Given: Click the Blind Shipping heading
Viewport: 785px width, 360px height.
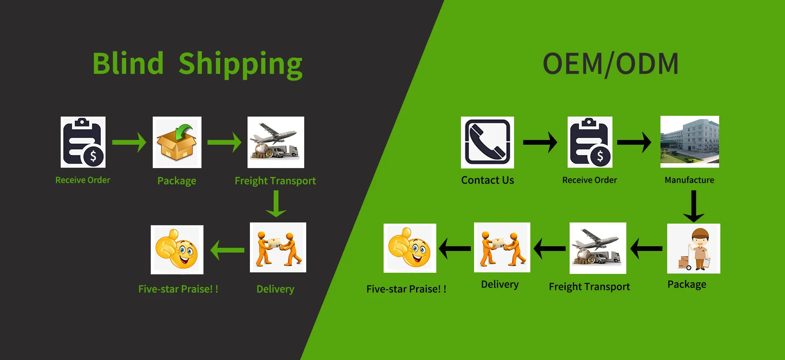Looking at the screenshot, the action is point(197,64).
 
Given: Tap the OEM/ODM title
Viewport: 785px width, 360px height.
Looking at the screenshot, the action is point(610,64).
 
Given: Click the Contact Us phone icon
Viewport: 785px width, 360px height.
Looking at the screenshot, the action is point(487,142).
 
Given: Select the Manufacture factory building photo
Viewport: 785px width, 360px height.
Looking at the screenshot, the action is point(689,142).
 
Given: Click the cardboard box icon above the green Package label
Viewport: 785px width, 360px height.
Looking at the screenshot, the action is point(177,142).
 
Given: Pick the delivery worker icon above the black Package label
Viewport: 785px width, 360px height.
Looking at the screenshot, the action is point(693,249).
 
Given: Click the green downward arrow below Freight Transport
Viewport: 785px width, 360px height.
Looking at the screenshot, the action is point(276,204).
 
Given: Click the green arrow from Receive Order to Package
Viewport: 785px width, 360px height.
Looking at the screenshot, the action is point(129,142).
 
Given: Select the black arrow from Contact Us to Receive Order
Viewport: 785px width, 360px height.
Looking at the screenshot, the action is point(540,142).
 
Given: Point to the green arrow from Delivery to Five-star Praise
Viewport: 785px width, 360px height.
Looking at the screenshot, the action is point(227,250).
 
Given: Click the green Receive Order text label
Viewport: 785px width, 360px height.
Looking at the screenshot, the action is point(83,180).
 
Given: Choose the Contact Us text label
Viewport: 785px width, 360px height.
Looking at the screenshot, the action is point(487,180).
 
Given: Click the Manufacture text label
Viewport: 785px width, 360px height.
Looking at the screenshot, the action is point(689,180).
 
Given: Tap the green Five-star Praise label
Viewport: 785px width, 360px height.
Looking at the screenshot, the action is point(178,289).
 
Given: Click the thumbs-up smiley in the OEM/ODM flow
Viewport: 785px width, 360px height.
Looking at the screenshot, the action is point(410,248).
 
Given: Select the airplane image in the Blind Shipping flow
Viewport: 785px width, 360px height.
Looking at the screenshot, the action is point(276,142).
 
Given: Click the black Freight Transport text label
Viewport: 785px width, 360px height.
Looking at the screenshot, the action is point(589,287).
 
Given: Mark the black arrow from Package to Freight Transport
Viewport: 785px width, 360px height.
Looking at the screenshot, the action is point(646,249).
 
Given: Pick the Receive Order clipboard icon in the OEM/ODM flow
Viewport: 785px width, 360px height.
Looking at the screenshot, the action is point(590,142).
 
